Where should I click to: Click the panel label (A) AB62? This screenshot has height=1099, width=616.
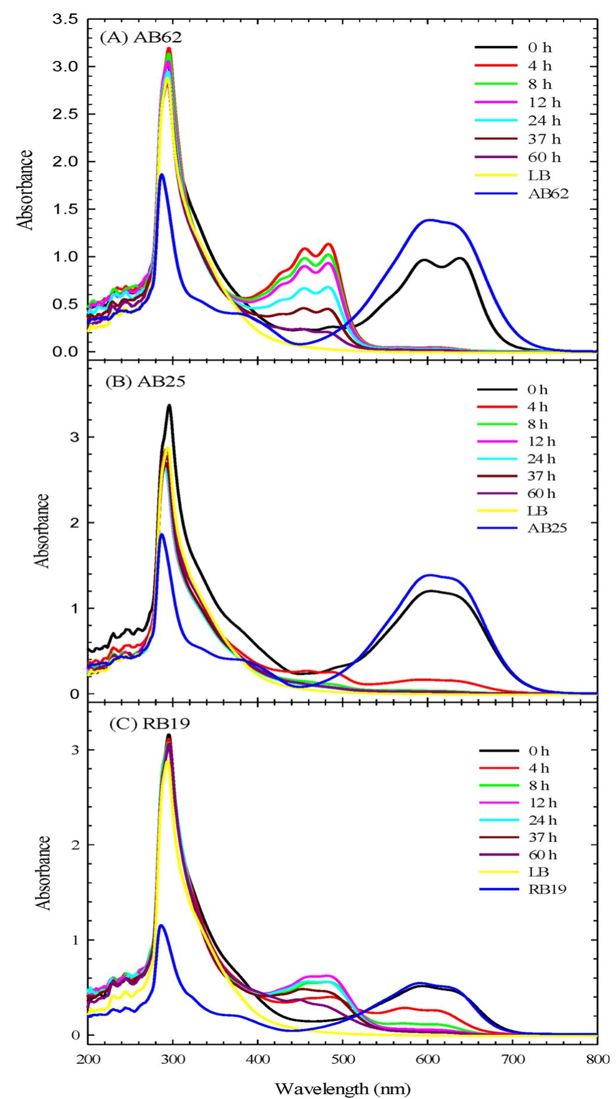coord(141,37)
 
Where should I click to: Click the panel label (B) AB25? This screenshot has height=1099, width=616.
coord(145,381)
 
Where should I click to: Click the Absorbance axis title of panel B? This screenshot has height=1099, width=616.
coord(41,530)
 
